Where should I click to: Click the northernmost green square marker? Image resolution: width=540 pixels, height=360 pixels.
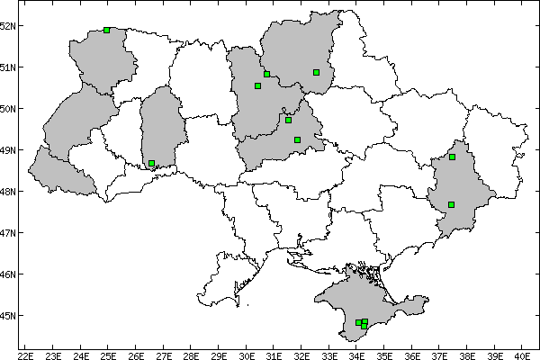(x=107, y=30)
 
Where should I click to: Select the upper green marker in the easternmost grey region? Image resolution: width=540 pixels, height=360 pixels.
(x=453, y=157)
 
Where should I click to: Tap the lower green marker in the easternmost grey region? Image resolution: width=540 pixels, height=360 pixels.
(x=452, y=204)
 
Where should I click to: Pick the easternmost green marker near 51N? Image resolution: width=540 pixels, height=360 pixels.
(x=317, y=72)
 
